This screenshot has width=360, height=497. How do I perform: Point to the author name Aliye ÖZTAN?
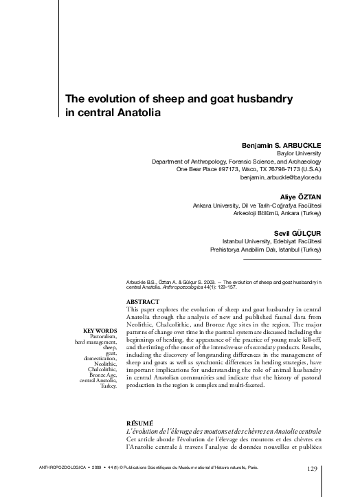coord(300,197)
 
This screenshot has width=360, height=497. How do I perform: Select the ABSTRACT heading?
coord(143,301)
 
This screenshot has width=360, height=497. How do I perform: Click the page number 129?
coord(313,469)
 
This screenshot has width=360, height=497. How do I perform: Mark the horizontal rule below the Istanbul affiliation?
coord(282,260)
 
